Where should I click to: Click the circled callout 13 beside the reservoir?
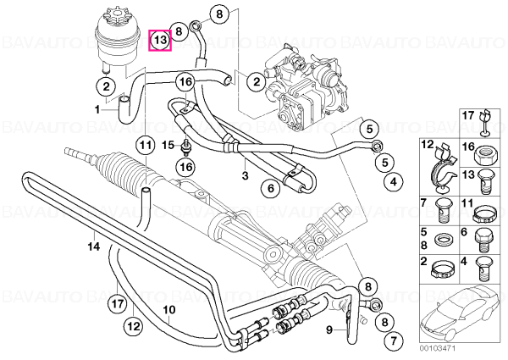click(x=160, y=40)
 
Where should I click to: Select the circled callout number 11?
click(x=146, y=145)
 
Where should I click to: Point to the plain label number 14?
click(x=94, y=246)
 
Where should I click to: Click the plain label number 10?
click(x=169, y=310)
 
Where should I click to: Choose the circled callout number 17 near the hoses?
click(x=117, y=303)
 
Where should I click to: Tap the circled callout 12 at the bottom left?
click(x=134, y=325)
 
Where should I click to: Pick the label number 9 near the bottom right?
click(x=329, y=330)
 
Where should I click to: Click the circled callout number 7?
click(x=394, y=341)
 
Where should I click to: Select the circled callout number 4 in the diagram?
click(x=394, y=182)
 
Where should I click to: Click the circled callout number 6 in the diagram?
click(x=271, y=188)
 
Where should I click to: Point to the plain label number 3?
click(x=245, y=176)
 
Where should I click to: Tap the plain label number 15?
click(x=168, y=145)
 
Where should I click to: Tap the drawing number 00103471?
click(x=438, y=348)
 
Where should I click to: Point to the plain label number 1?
click(x=97, y=110)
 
